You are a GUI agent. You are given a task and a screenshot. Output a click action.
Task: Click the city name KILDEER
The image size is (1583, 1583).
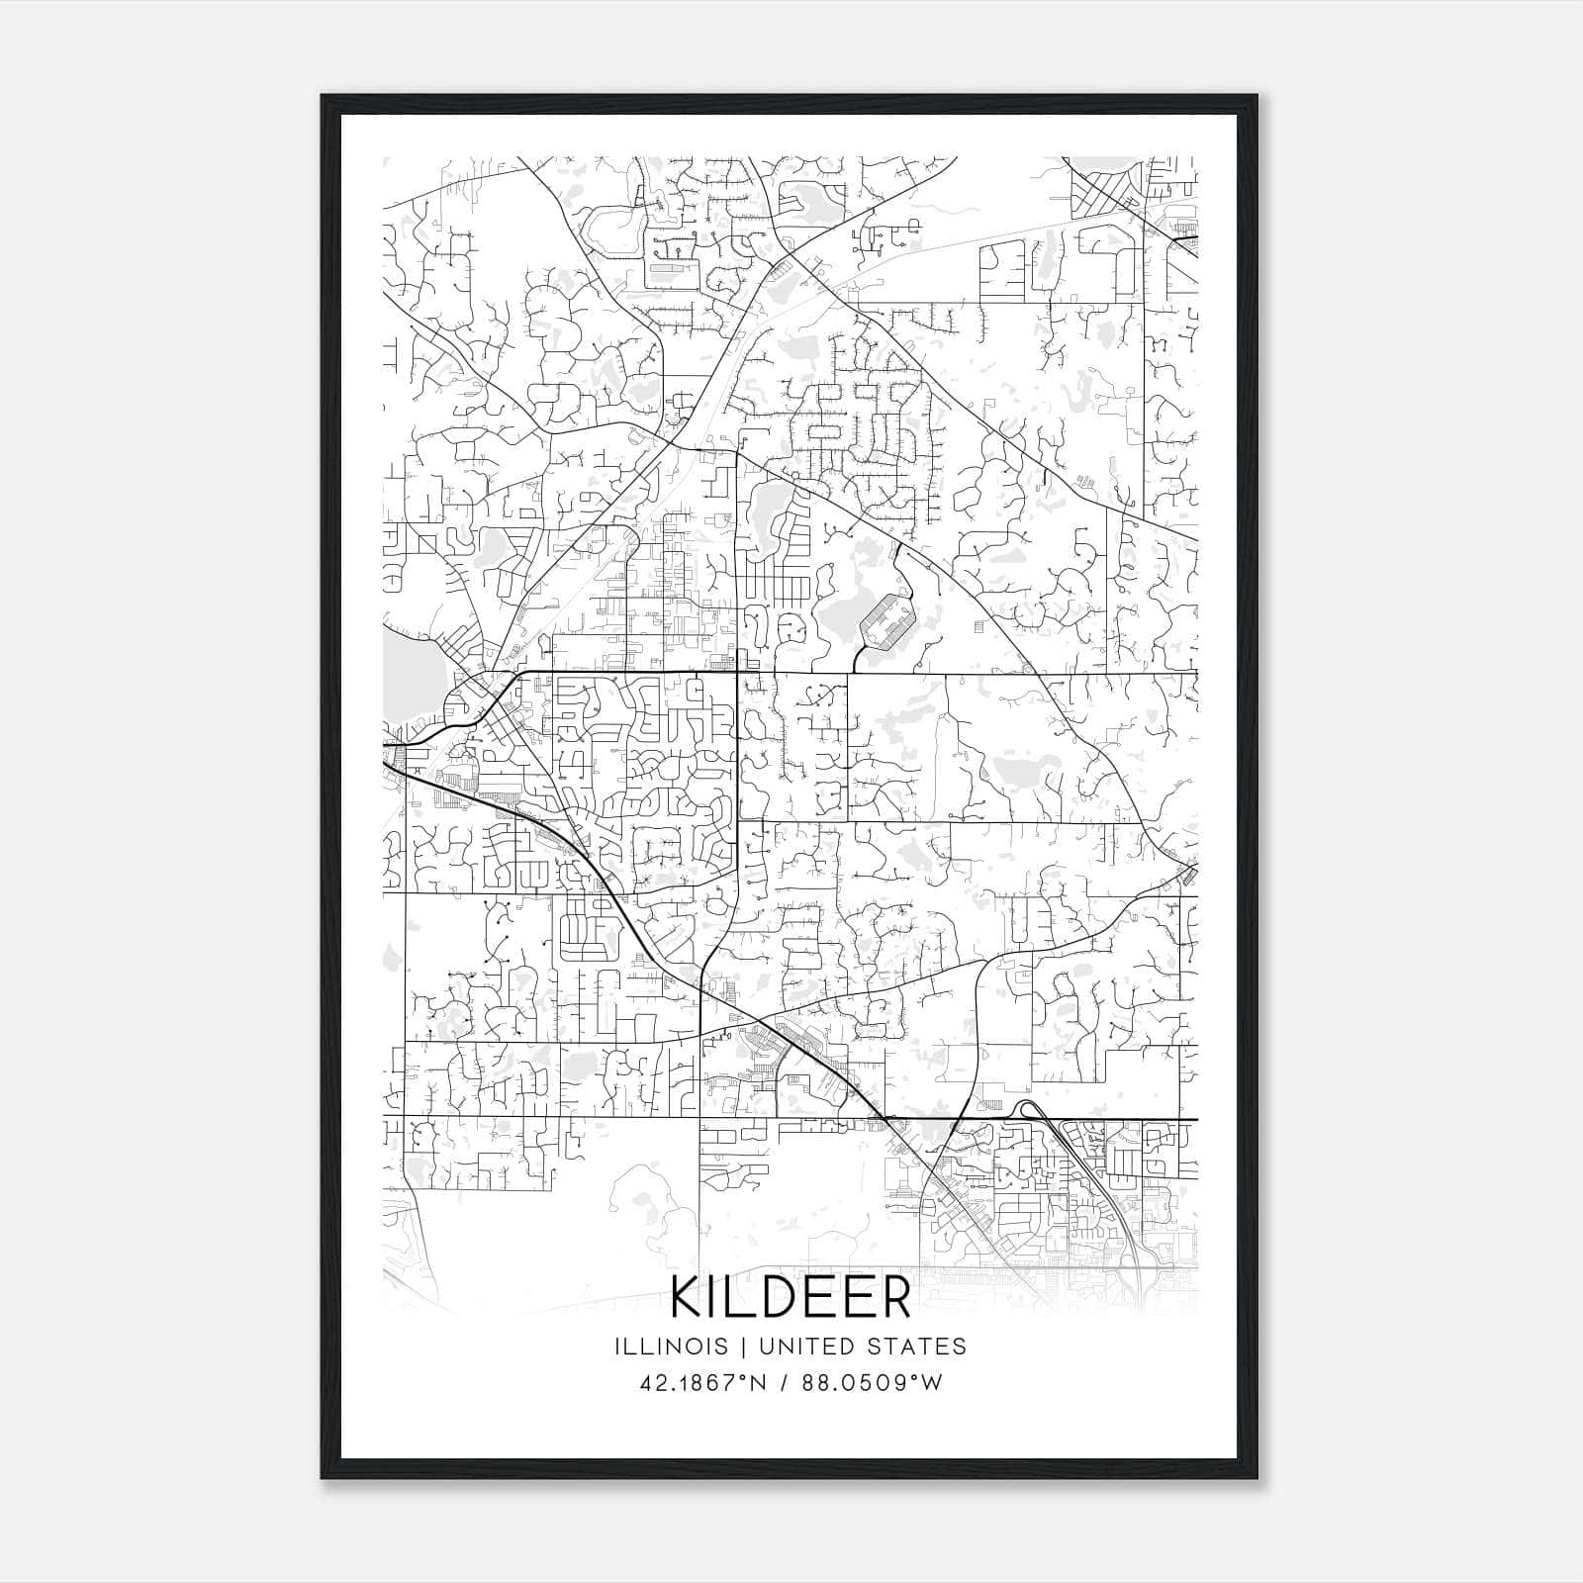[791, 1297]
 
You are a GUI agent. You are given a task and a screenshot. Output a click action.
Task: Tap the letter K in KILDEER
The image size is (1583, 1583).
[687, 1297]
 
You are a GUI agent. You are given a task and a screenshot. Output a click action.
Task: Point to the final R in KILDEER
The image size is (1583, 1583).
[894, 1297]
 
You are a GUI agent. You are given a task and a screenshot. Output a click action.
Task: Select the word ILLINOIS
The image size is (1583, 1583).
[670, 1347]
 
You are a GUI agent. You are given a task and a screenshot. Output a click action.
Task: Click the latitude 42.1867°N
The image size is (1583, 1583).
[703, 1383]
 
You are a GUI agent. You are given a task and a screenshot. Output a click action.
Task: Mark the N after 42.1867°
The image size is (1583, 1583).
[759, 1383]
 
